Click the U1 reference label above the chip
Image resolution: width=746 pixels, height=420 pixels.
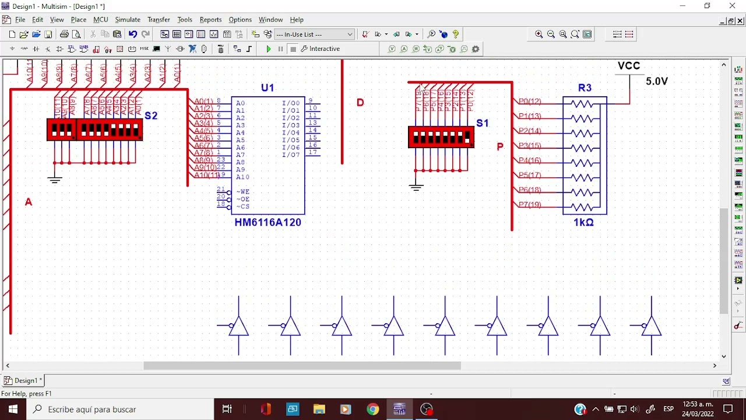(267, 88)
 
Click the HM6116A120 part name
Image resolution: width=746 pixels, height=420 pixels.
(268, 222)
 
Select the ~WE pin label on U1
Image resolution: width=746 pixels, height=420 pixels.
(242, 192)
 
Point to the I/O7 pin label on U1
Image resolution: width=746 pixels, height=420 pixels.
(291, 155)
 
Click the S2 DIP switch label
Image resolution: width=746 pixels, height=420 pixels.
(151, 116)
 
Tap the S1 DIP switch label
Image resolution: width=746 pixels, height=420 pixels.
(482, 123)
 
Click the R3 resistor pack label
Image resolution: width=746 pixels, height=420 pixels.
(585, 88)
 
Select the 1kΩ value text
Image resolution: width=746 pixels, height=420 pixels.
(583, 222)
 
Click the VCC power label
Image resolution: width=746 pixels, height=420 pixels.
(629, 66)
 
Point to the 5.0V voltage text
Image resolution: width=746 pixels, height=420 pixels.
(656, 82)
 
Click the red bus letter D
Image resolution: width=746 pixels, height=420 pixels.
(360, 103)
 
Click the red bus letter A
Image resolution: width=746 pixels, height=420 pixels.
(29, 202)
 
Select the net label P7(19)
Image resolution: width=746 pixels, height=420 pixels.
(530, 204)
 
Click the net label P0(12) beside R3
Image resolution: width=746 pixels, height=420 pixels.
(530, 101)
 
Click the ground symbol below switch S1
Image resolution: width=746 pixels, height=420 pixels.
(416, 187)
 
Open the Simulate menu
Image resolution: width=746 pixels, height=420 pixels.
(127, 20)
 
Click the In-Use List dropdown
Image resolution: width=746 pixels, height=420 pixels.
(314, 34)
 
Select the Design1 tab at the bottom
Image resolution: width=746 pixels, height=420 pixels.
(24, 380)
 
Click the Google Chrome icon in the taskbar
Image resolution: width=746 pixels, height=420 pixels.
(372, 409)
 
